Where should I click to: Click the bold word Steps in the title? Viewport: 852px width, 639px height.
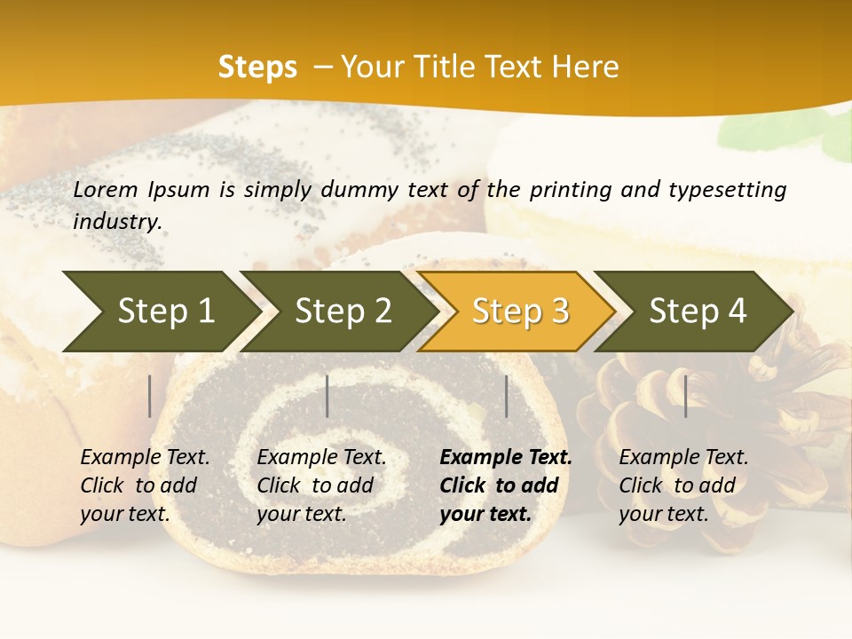(257, 67)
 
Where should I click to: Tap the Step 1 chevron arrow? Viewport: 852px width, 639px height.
(160, 312)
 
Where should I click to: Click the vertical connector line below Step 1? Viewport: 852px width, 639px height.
(150, 396)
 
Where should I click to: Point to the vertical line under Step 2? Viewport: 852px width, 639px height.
(327, 396)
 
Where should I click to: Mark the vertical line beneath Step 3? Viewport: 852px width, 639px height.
(507, 396)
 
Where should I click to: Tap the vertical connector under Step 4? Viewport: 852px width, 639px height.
(685, 396)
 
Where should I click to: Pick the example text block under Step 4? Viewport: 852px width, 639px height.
(683, 485)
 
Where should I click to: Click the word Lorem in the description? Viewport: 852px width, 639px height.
(106, 189)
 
